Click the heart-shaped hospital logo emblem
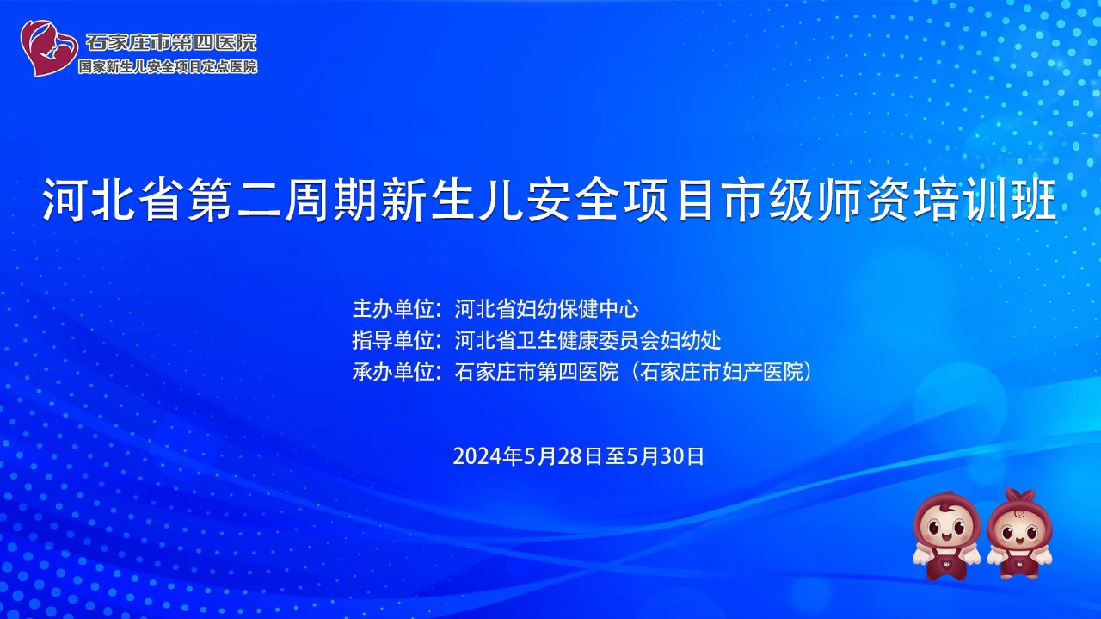coord(49,47)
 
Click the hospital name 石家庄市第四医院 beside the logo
coord(171,42)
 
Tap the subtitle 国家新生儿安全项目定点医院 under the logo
coord(168,66)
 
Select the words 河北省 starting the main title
coord(111,200)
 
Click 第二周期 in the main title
coord(280,200)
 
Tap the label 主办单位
coord(393,308)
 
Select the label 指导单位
coord(393,340)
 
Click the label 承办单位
coord(393,372)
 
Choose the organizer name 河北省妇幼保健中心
coord(546,308)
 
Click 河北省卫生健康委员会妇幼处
coord(587,340)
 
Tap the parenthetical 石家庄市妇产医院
coord(721,372)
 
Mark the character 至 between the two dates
coord(614,456)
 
